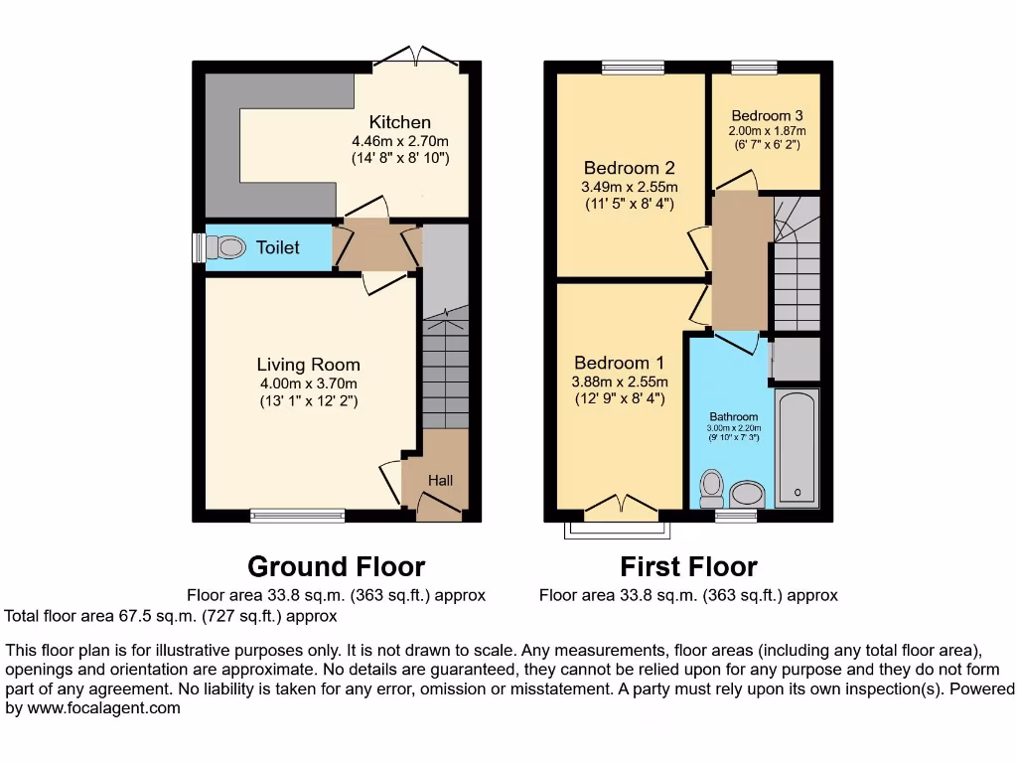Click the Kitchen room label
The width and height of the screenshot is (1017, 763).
tap(401, 122)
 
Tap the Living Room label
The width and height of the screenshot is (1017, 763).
tap(308, 365)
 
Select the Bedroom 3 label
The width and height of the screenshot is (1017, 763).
tap(767, 115)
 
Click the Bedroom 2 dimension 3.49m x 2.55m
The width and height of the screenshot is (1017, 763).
tap(629, 187)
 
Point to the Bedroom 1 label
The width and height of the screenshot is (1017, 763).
tap(620, 363)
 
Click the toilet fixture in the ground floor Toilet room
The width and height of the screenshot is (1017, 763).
tap(227, 246)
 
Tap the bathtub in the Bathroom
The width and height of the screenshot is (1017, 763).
tap(797, 449)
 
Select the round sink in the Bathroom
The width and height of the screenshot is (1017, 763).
tap(746, 494)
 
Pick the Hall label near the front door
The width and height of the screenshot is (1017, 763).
tap(440, 480)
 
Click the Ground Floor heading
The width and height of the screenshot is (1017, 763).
tap(336, 566)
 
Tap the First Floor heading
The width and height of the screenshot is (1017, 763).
tap(688, 566)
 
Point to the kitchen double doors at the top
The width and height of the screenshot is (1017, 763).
tap(416, 56)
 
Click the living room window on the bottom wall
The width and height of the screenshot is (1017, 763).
tap(297, 515)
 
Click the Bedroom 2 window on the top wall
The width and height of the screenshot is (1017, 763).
tap(633, 67)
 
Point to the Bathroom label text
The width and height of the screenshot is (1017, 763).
tap(734, 416)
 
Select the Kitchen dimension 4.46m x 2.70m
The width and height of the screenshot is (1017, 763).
tap(400, 140)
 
